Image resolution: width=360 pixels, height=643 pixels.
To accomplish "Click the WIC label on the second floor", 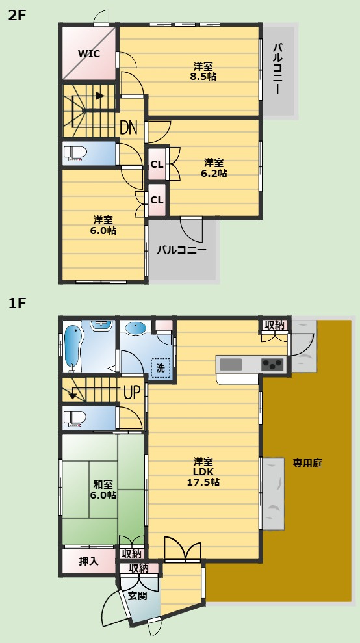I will coord(89,53).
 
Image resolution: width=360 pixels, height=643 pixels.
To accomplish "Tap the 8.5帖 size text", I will coord(203,77).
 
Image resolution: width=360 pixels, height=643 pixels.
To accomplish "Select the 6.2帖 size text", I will coord(214,173).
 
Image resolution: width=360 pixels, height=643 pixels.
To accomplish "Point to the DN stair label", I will coord(129,127).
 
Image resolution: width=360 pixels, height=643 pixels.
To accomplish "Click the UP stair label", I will coord(132,392).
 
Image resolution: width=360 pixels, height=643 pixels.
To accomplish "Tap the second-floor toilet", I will coord(76,154).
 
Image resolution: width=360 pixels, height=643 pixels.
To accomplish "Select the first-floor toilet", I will coord(76,417).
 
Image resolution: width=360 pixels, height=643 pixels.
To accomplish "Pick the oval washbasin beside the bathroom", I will coord(136,329).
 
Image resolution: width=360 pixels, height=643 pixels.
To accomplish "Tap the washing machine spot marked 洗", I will coord(160,367).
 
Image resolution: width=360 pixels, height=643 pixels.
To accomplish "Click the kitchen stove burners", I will coord(272,363).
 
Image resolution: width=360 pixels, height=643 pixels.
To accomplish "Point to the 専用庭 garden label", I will coord(307,464).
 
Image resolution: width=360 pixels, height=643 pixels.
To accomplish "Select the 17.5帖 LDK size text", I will coord(203,482).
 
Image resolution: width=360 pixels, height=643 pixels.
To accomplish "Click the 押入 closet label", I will coord(88,560).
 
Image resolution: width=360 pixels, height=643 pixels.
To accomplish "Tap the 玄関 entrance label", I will coord(137,596).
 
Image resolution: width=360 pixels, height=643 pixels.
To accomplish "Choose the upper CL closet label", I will coord(157,164).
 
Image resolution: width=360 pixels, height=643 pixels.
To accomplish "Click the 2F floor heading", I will coord(17,16).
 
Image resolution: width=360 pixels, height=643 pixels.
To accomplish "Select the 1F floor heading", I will coord(17,302).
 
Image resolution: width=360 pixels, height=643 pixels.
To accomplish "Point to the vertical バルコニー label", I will coord(277,69).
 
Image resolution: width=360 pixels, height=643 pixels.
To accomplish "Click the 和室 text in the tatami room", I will coord(103,484).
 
